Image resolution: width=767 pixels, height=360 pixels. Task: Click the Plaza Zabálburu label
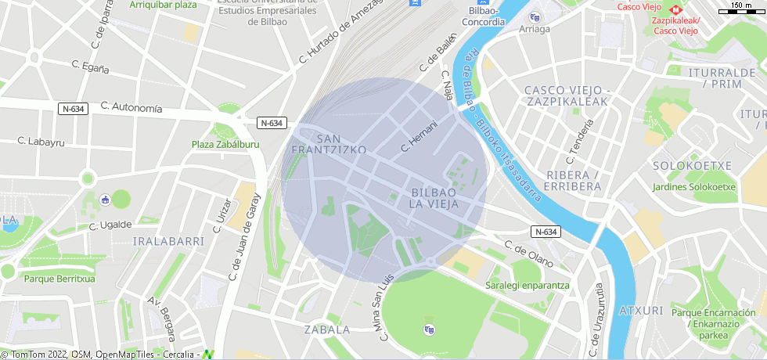tap(225, 145)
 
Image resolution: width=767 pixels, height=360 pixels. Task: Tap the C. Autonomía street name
tap(131, 107)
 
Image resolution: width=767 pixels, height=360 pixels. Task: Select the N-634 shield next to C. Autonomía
tap(74, 108)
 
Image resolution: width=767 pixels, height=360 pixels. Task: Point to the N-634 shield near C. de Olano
tap(546, 232)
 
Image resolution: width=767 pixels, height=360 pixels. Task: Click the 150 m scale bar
tap(740, 9)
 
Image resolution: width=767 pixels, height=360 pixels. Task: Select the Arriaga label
tap(535, 29)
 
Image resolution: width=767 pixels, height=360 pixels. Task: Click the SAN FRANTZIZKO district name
tap(329, 142)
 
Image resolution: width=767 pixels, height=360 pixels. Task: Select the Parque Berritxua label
tap(59, 279)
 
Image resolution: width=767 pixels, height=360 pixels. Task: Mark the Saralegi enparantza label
tap(527, 286)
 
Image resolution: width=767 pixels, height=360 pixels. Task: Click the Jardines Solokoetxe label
tap(694, 187)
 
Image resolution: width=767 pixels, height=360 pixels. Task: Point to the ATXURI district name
tap(641, 311)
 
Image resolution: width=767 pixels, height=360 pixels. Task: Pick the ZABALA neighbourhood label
tap(327, 329)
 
